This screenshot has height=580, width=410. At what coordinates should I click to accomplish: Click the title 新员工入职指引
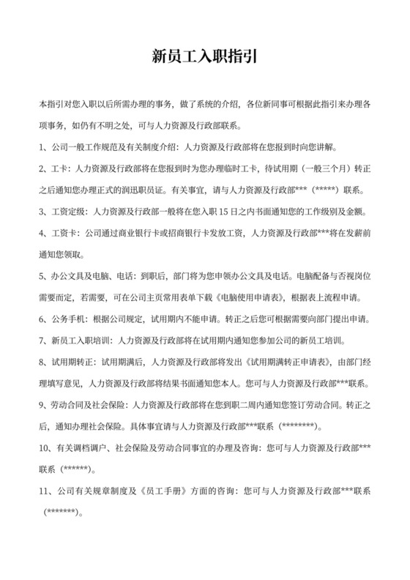tap(204, 56)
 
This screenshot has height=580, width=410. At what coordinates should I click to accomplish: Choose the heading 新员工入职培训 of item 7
tap(80, 341)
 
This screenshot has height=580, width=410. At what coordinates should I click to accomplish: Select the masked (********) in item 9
tap(297, 426)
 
